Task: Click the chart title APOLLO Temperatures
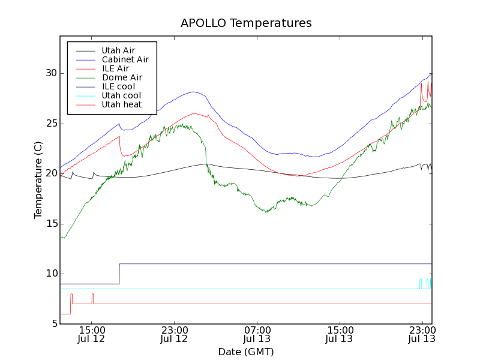pyautogui.click(x=246, y=23)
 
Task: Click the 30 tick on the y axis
pyautogui.click(x=50, y=73)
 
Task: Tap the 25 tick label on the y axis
pyautogui.click(x=50, y=123)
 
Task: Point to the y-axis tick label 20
pyautogui.click(x=50, y=173)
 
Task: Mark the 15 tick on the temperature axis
pyautogui.click(x=50, y=224)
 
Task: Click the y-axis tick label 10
pyautogui.click(x=50, y=274)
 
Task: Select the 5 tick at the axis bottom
pyautogui.click(x=53, y=324)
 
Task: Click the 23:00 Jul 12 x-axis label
pyautogui.click(x=174, y=334)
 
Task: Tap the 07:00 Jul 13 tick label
pyautogui.click(x=257, y=334)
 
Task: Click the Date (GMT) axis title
pyautogui.click(x=246, y=352)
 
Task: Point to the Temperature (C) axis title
pyautogui.click(x=38, y=180)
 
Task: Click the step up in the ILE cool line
pyautogui.click(x=119, y=274)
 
